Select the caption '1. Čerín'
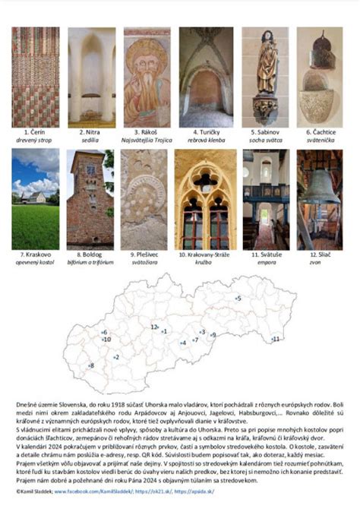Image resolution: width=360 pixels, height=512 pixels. coord(35,132)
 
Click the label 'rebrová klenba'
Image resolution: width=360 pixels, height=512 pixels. coord(201,141)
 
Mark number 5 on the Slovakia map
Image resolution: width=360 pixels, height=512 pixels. coord(238,299)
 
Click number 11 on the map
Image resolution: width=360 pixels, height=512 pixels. coord(276,339)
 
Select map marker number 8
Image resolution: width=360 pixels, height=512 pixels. coord(91,366)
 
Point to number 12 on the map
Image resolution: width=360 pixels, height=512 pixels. coord(154,327)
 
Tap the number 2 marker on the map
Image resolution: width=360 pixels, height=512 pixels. coord(116,357)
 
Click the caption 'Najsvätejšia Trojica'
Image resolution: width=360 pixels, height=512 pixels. coord(147,141)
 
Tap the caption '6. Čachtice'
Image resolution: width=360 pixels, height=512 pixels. coord(319,132)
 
